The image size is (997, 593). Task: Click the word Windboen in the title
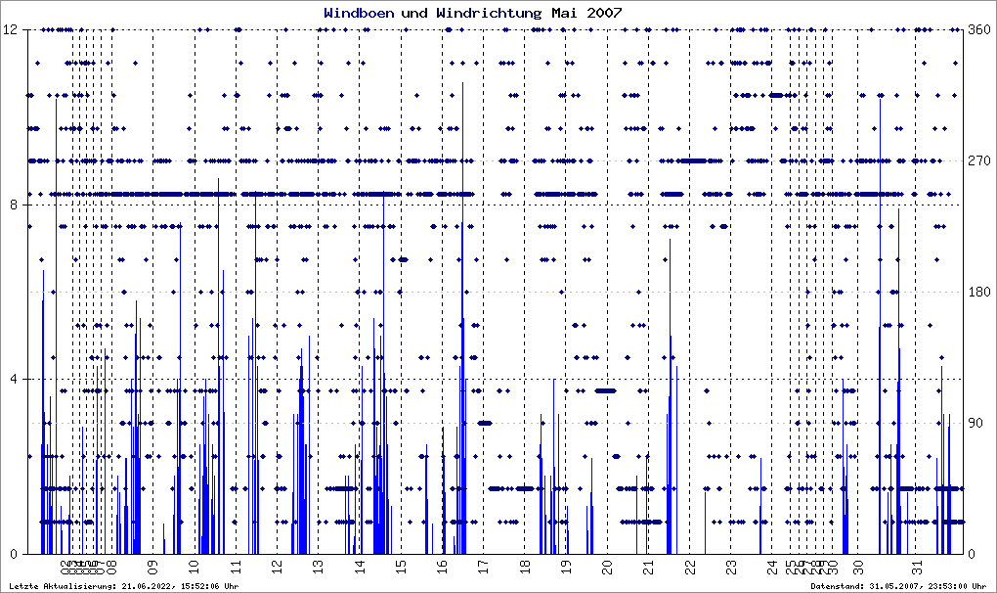(x=359, y=13)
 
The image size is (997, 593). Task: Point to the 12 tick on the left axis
(x=14, y=29)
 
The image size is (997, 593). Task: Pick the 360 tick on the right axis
(x=978, y=29)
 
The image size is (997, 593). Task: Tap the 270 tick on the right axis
(x=978, y=160)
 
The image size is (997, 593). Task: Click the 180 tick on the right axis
(x=978, y=292)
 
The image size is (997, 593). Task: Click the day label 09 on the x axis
(x=152, y=567)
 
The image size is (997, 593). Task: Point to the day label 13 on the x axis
(x=318, y=567)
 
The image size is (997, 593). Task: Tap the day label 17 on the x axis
(x=483, y=567)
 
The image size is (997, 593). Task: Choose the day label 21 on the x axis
(x=647, y=567)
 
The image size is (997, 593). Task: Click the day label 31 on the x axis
(x=917, y=567)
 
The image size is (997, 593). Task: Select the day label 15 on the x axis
(x=400, y=567)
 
